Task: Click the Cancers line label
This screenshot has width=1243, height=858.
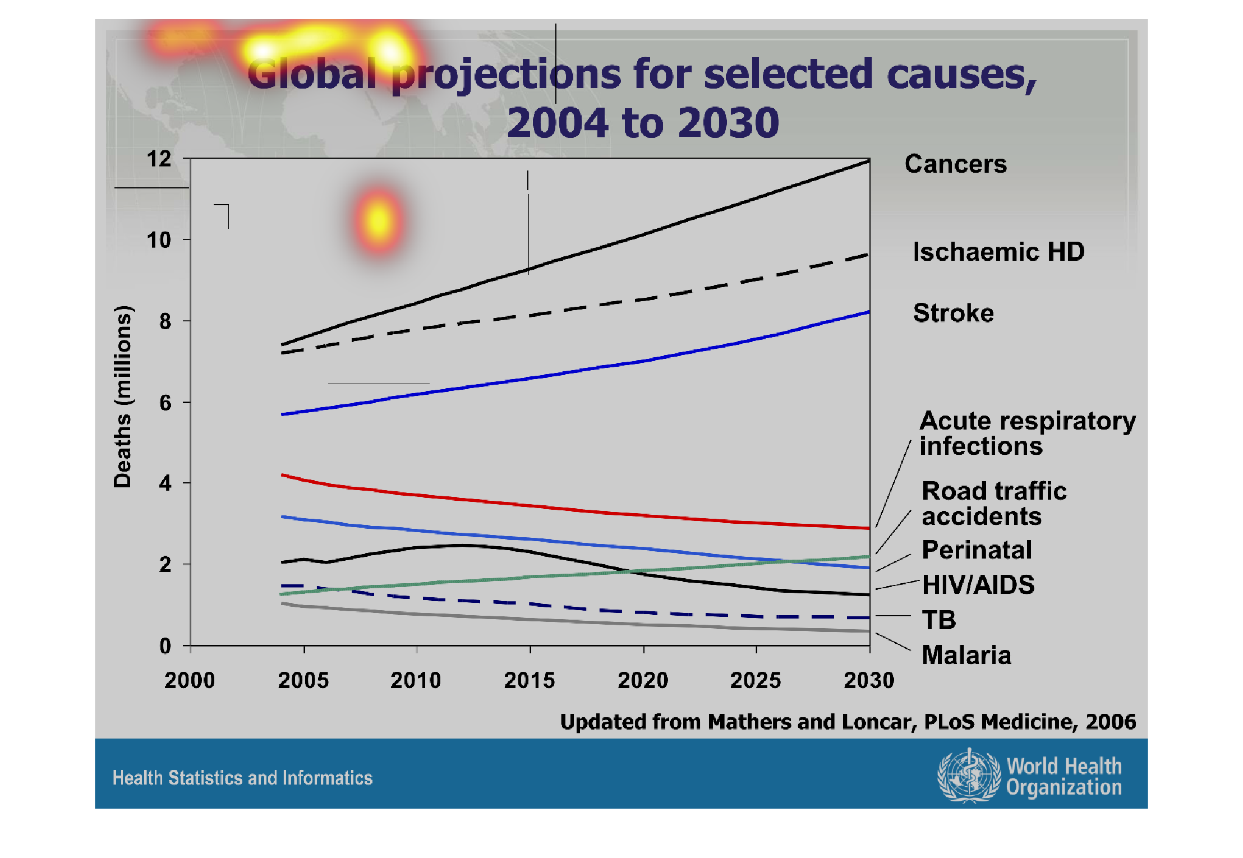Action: point(955,164)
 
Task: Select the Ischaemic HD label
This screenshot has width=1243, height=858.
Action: point(998,252)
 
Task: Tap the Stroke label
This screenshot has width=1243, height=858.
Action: point(953,313)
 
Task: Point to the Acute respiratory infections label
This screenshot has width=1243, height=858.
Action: point(1026,433)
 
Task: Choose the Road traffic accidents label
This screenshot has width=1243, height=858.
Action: point(993,503)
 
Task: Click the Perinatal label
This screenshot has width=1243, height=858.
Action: point(977,550)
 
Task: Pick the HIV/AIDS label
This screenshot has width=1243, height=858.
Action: point(978,585)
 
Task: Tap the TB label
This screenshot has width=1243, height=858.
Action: point(939,620)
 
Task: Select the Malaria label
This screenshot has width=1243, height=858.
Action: point(966,655)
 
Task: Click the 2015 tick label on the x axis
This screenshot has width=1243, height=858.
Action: point(529,680)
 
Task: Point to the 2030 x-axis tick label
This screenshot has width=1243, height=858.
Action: point(869,680)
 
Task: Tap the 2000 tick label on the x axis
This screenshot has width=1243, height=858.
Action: point(190,680)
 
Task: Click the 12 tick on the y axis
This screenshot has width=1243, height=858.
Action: point(159,159)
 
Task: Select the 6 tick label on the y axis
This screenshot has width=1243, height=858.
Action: point(165,403)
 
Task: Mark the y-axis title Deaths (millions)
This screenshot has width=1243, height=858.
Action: point(123,396)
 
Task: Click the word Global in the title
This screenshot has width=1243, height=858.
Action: point(312,74)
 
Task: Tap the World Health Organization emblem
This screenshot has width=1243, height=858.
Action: point(969,776)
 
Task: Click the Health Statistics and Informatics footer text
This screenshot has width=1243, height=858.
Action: point(242,778)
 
